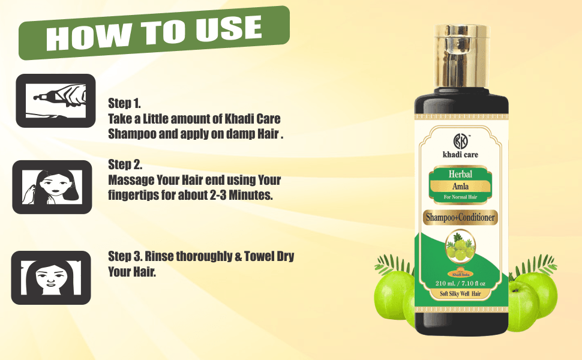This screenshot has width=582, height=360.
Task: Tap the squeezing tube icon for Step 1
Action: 55,100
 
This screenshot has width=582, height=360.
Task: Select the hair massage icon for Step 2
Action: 52,187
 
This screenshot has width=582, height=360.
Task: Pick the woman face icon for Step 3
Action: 51,277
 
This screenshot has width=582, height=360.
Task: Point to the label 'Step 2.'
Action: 125,164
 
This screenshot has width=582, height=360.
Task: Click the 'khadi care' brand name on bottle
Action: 460,155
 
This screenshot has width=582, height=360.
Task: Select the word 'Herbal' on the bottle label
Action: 460,174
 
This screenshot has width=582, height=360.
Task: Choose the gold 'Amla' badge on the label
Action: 460,186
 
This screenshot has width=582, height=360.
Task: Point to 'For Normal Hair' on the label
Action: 460,197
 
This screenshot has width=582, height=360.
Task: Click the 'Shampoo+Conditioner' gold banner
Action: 460,218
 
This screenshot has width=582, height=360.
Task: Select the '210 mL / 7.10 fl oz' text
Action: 460,282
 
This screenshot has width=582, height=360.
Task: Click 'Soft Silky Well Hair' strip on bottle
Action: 460,293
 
